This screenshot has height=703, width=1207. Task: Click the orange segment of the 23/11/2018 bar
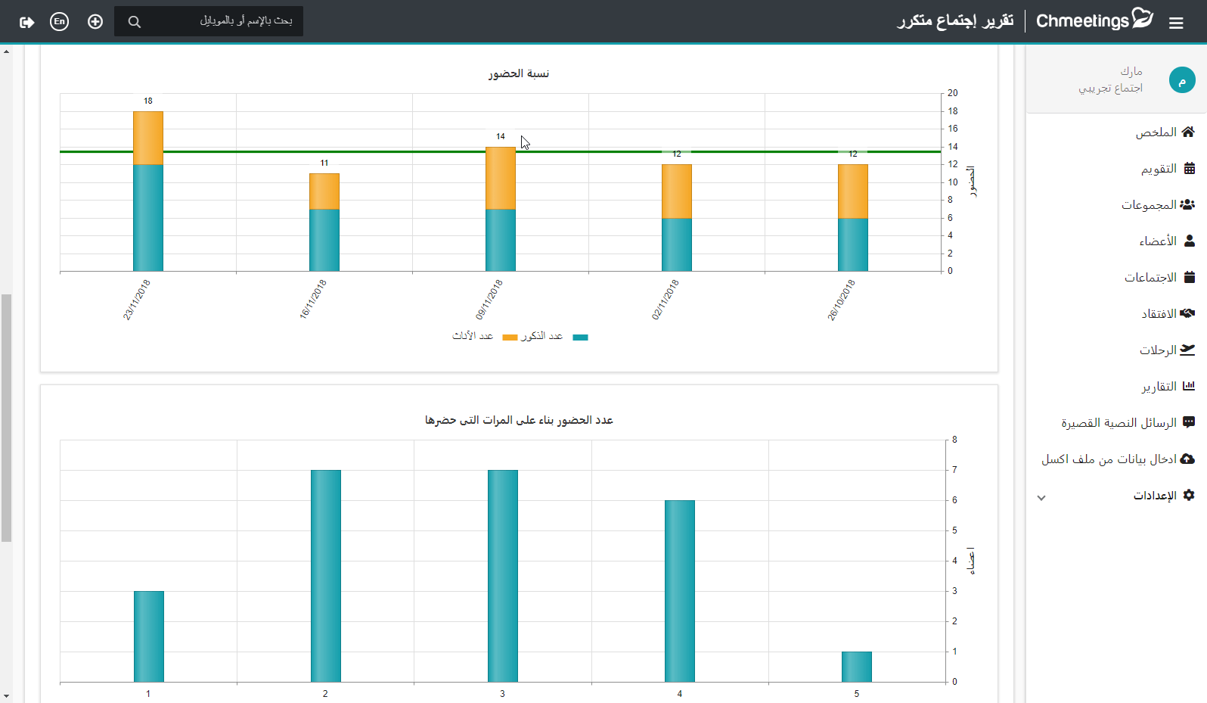tap(148, 138)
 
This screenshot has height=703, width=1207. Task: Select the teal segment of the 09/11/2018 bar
tap(501, 240)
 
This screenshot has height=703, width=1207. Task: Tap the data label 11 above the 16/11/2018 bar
tap(324, 163)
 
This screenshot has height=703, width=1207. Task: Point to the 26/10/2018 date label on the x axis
tap(841, 300)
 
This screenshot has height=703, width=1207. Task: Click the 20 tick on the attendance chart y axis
tap(953, 93)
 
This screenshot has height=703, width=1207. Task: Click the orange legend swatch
tap(510, 338)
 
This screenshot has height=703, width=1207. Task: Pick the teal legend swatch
tap(580, 338)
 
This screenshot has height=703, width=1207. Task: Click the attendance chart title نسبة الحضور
tap(519, 73)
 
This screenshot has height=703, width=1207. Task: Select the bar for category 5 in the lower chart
tap(857, 667)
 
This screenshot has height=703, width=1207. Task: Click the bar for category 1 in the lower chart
tap(149, 636)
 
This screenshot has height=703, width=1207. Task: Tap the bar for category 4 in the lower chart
tap(679, 592)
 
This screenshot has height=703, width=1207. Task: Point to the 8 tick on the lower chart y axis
tap(954, 440)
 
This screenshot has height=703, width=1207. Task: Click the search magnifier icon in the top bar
tap(134, 21)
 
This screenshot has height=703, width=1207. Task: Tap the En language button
tap(59, 21)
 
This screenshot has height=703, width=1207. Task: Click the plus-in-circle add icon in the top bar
tap(95, 21)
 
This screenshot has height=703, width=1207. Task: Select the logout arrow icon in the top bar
tap(26, 22)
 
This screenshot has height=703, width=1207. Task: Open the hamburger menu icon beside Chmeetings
tap(1176, 23)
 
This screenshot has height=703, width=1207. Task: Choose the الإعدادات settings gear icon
tap(1189, 495)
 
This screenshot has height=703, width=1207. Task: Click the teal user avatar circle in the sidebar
tap(1182, 80)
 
